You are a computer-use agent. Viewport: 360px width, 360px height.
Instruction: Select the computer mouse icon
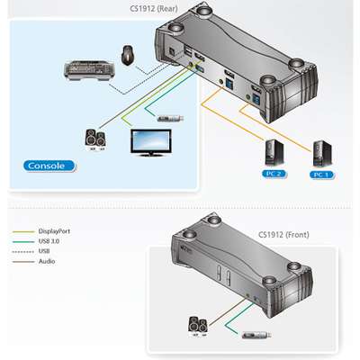(x=129, y=57)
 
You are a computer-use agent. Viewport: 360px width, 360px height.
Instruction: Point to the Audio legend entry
(x=47, y=263)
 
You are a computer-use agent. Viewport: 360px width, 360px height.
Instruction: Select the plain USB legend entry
(x=45, y=252)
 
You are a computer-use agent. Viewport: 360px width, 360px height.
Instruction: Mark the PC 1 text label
(x=320, y=174)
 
